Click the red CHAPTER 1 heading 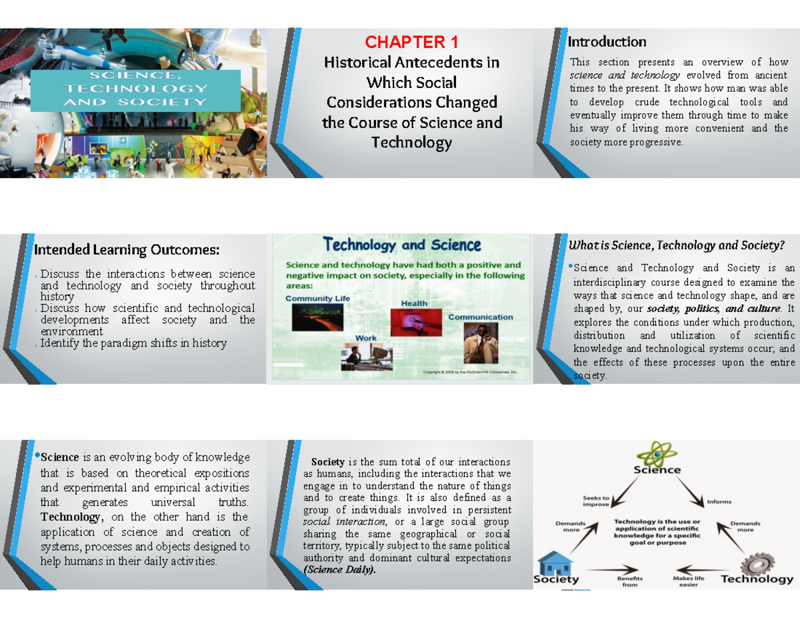[411, 43]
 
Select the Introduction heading [607, 42]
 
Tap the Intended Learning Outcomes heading [127, 250]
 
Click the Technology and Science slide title [402, 245]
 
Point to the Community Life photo [308, 317]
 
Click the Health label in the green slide [414, 303]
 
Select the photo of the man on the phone [480, 343]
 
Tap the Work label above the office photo [365, 338]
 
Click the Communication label [480, 317]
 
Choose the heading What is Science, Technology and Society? [676, 246]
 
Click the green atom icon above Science [656, 453]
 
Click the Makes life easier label [690, 581]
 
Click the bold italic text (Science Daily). [339, 571]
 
